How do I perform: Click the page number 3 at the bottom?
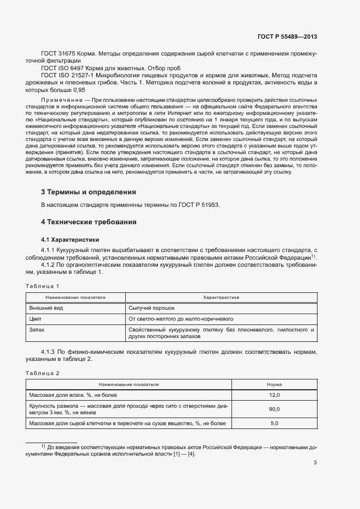tap(315, 463)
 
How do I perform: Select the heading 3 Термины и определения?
tap(88, 192)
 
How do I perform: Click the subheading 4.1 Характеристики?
tap(70, 240)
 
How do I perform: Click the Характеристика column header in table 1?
tap(221, 298)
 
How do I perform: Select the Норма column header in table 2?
tap(274, 384)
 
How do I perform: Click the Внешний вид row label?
tap(41, 308)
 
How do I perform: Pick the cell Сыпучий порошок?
tap(152, 308)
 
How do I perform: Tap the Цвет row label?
tap(35, 319)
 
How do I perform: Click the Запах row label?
tap(37, 330)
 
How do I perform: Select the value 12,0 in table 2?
tap(274, 395)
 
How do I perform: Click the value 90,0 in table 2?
tap(274, 409)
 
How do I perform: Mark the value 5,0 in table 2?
tap(274, 424)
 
